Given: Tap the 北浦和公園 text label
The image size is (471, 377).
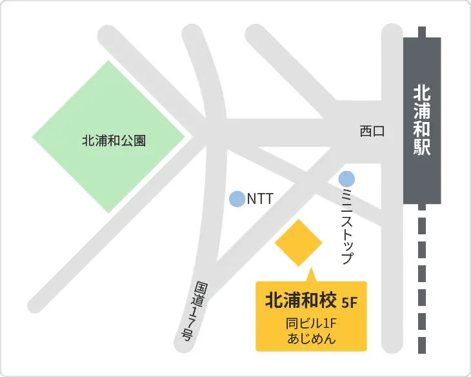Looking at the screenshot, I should point(114,140).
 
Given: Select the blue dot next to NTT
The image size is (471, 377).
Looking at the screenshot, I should point(237,199).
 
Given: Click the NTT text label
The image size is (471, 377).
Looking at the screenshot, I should point(260,199).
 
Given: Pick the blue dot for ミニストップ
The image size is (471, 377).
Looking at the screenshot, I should point(346,178).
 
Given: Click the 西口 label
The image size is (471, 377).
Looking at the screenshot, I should point(372,131).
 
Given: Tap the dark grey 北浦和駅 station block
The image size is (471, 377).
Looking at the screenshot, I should point(422,120).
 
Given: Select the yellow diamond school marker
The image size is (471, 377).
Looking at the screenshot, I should point(298,243).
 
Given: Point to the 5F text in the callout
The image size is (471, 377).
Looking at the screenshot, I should point(349,301).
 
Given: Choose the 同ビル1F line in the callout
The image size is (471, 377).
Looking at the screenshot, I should point(311,323).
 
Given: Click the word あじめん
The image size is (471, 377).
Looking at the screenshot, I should point(311,338).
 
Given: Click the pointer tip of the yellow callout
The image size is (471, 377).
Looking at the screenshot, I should point(311,270).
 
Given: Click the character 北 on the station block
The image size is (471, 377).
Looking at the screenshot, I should point(422,92).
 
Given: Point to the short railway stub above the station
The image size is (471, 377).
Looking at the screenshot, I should point(422,32).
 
